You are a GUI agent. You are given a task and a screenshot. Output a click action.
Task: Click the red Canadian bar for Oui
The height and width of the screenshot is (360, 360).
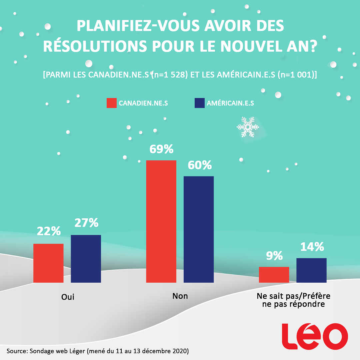(x=48, y=263)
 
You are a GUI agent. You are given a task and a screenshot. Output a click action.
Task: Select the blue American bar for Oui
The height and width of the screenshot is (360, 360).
(x=86, y=259)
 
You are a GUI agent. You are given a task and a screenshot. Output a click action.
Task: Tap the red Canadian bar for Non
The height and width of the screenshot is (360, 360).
(x=161, y=221)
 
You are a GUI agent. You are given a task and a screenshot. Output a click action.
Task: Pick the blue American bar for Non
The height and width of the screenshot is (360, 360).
(x=199, y=229)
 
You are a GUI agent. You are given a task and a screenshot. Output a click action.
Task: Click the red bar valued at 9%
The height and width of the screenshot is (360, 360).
(x=274, y=275)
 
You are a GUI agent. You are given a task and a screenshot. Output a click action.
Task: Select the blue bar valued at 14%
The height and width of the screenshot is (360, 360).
(x=311, y=270)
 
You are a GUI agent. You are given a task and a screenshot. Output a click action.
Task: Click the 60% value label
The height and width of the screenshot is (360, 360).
(x=199, y=165)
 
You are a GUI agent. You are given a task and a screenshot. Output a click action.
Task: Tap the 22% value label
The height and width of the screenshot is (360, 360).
(x=49, y=231)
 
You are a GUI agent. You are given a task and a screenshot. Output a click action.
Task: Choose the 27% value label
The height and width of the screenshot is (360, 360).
(x=86, y=223)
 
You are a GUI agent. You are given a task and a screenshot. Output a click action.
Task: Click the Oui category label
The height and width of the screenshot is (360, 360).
(x=68, y=297)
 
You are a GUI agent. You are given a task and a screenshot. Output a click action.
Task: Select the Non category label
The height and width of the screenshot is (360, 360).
(x=180, y=296)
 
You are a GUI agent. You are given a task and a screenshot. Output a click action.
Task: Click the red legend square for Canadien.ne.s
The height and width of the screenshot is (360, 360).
(x=111, y=103)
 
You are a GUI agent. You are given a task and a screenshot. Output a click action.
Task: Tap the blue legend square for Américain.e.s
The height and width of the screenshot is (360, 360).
(x=199, y=103)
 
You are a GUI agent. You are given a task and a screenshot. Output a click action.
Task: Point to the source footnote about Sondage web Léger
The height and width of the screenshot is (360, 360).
(x=98, y=351)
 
